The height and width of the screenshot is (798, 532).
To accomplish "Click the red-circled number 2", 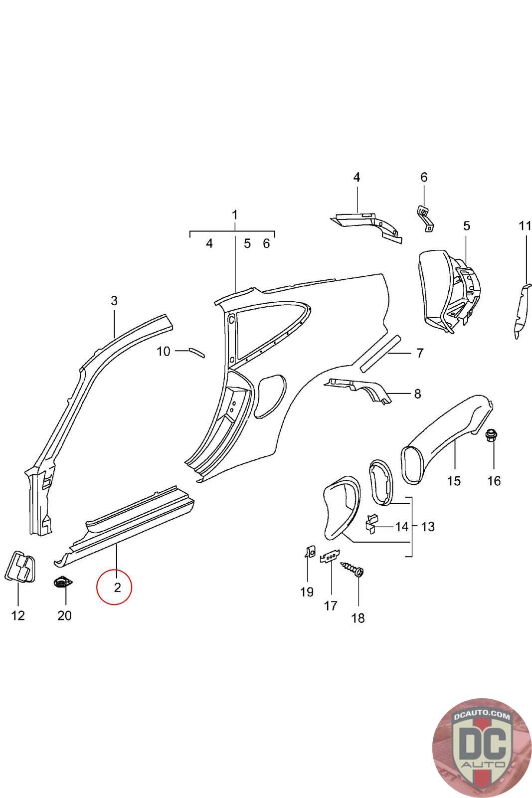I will point(117,588).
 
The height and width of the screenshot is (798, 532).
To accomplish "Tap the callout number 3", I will point(114,301).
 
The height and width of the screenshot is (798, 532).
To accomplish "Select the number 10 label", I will point(164,352).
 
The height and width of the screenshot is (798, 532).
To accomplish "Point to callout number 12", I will point(18,615).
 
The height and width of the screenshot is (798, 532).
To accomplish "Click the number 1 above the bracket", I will point(234,215).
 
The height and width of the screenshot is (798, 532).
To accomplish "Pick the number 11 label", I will point(525,226).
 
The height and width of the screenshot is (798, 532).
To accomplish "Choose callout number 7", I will point(419,354).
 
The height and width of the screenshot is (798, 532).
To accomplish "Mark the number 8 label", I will point(417,394).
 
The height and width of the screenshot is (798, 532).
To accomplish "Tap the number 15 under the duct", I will point(454,481).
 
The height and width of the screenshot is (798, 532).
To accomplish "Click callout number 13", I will point(428,526).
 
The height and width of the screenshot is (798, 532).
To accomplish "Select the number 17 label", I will point(331,605).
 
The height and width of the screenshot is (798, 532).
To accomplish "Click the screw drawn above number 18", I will point(353,569).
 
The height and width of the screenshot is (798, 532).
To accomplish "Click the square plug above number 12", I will point(20,567).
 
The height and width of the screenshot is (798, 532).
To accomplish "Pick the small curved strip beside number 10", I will point(195,352).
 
